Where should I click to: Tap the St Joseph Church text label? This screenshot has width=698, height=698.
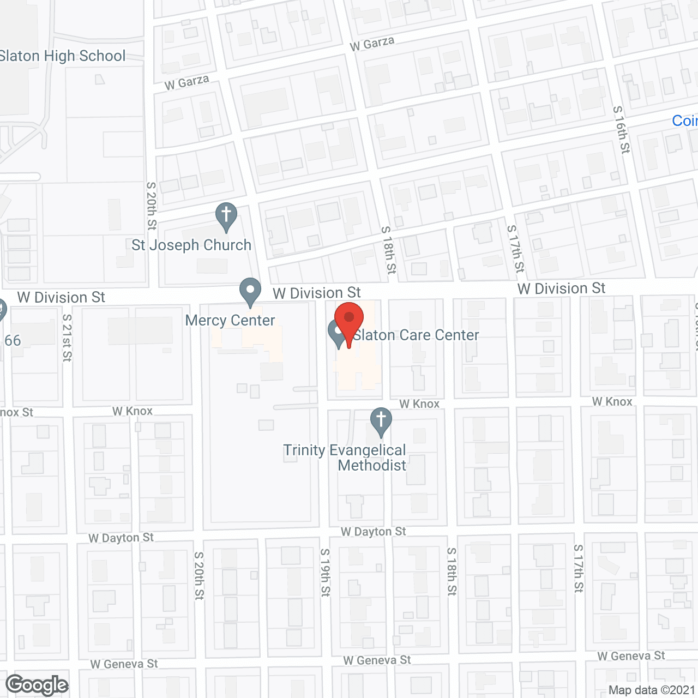coord(191,245)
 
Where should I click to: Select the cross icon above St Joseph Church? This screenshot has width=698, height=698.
coord(226,216)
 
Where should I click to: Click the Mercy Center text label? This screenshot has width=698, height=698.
coord(230,320)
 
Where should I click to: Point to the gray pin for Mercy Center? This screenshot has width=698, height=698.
coord(250,291)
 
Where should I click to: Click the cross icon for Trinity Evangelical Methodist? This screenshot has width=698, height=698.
coord(381,421)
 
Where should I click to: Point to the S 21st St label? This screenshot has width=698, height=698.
coord(67,338)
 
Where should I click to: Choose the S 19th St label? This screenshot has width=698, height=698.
coord(325,572)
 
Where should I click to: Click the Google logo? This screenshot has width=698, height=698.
coord(37,685)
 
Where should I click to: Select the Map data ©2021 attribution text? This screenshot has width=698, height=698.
coord(652,690)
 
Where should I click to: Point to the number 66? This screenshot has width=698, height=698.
coord(13,341)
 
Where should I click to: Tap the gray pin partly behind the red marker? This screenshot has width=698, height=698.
coord(336,334)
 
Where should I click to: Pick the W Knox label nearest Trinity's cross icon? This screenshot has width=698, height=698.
coord(419,404)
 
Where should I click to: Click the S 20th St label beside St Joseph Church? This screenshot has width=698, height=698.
coord(152,206)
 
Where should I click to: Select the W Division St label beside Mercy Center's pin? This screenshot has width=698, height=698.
coord(317,293)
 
